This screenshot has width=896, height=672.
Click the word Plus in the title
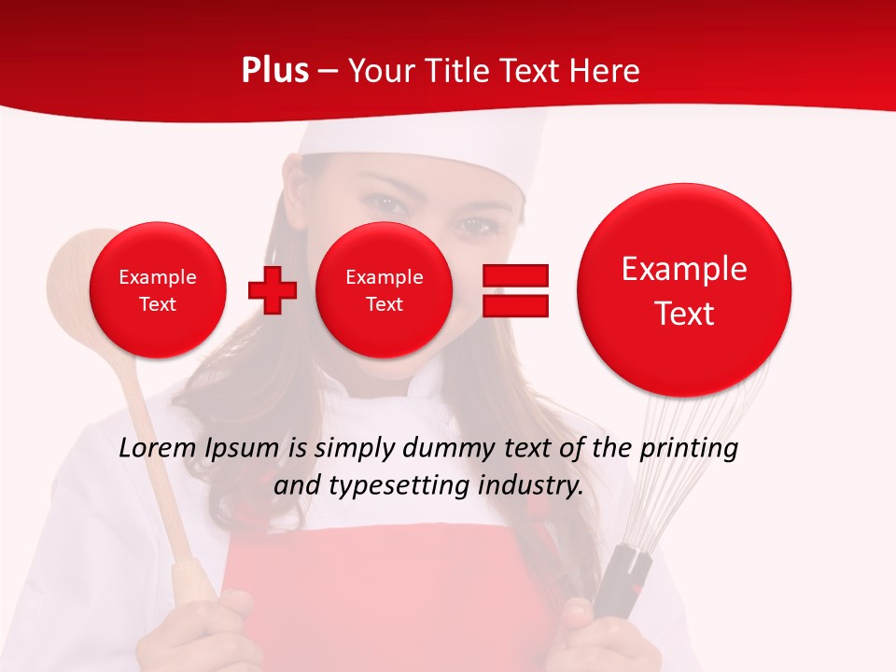click(274, 71)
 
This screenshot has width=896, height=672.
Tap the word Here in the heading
click(605, 71)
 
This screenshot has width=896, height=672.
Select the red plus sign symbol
click(273, 290)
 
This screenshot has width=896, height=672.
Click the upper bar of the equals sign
click(515, 275)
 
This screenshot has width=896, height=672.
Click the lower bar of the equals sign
click(515, 306)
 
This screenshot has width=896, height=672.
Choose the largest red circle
click(684, 290)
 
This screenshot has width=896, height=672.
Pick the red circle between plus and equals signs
click(384, 290)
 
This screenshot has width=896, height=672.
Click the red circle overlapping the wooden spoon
click(157, 290)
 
